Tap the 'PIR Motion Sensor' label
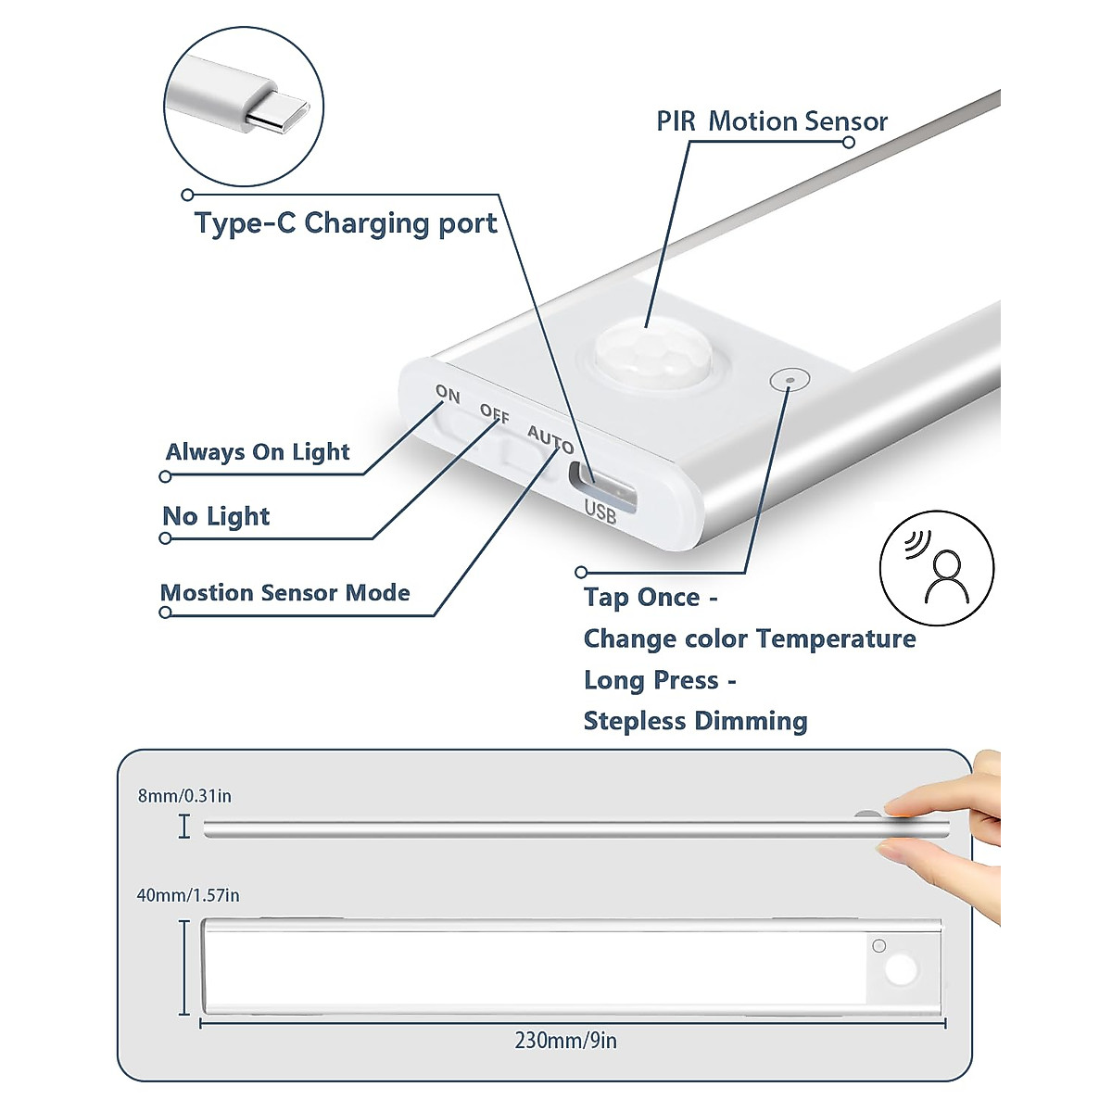[x=771, y=121]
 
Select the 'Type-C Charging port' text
[x=345, y=223]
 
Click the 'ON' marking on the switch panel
[x=448, y=394]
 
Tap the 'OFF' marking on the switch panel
[x=495, y=414]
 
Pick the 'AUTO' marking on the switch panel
[x=550, y=438]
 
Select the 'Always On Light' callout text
[x=258, y=452]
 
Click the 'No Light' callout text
[x=216, y=516]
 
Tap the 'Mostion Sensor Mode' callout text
[x=285, y=593]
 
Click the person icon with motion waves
[x=938, y=568]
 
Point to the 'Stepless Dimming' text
[x=695, y=721]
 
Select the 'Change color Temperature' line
[x=749, y=638]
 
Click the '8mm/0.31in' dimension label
[x=184, y=796]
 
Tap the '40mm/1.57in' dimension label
[x=188, y=895]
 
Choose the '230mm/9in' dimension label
[x=565, y=1041]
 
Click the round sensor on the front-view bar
[x=899, y=971]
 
